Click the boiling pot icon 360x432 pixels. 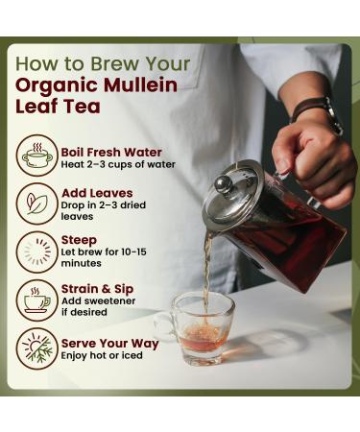[x=37, y=156]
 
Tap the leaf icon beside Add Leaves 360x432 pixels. [x=37, y=204]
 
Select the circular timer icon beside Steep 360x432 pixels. [x=37, y=252]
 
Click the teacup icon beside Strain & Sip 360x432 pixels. [x=37, y=300]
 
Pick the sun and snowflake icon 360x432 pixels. [x=37, y=348]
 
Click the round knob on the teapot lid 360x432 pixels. [x=223, y=182]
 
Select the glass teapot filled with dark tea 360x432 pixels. [x=264, y=226]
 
